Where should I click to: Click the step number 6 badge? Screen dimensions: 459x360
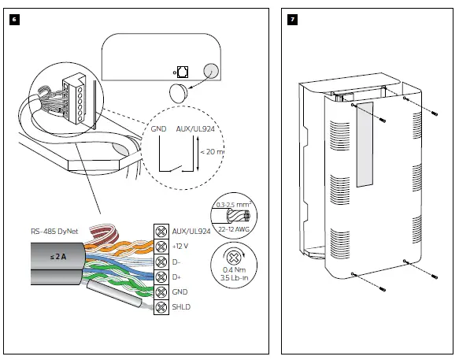pos(15,20)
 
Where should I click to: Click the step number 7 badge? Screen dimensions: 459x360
pos(292,20)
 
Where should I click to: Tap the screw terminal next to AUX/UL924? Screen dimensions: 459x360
pos(161,232)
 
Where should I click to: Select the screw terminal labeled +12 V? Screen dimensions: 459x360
pos(161,247)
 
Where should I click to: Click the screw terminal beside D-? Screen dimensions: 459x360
pos(161,262)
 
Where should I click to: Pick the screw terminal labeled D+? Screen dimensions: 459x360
pos(161,277)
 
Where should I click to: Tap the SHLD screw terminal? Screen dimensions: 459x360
pos(161,307)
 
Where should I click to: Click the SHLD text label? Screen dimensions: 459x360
pos(181,307)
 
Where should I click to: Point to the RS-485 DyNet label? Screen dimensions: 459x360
pos(54,232)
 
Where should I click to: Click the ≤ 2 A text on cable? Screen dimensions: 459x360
pos(58,257)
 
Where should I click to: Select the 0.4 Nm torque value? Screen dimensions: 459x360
pos(234,269)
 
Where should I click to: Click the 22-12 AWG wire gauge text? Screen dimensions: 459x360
pos(234,229)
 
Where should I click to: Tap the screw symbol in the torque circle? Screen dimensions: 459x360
pos(233,258)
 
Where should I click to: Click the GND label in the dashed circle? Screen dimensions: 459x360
pos(159,129)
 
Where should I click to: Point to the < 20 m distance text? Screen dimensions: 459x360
pos(212,152)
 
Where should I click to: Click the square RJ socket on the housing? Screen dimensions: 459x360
pos(183,72)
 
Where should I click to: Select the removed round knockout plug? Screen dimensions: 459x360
pos(179,93)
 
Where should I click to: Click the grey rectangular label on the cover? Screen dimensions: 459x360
pos(365,144)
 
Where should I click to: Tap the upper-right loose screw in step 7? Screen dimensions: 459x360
pos(435,113)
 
